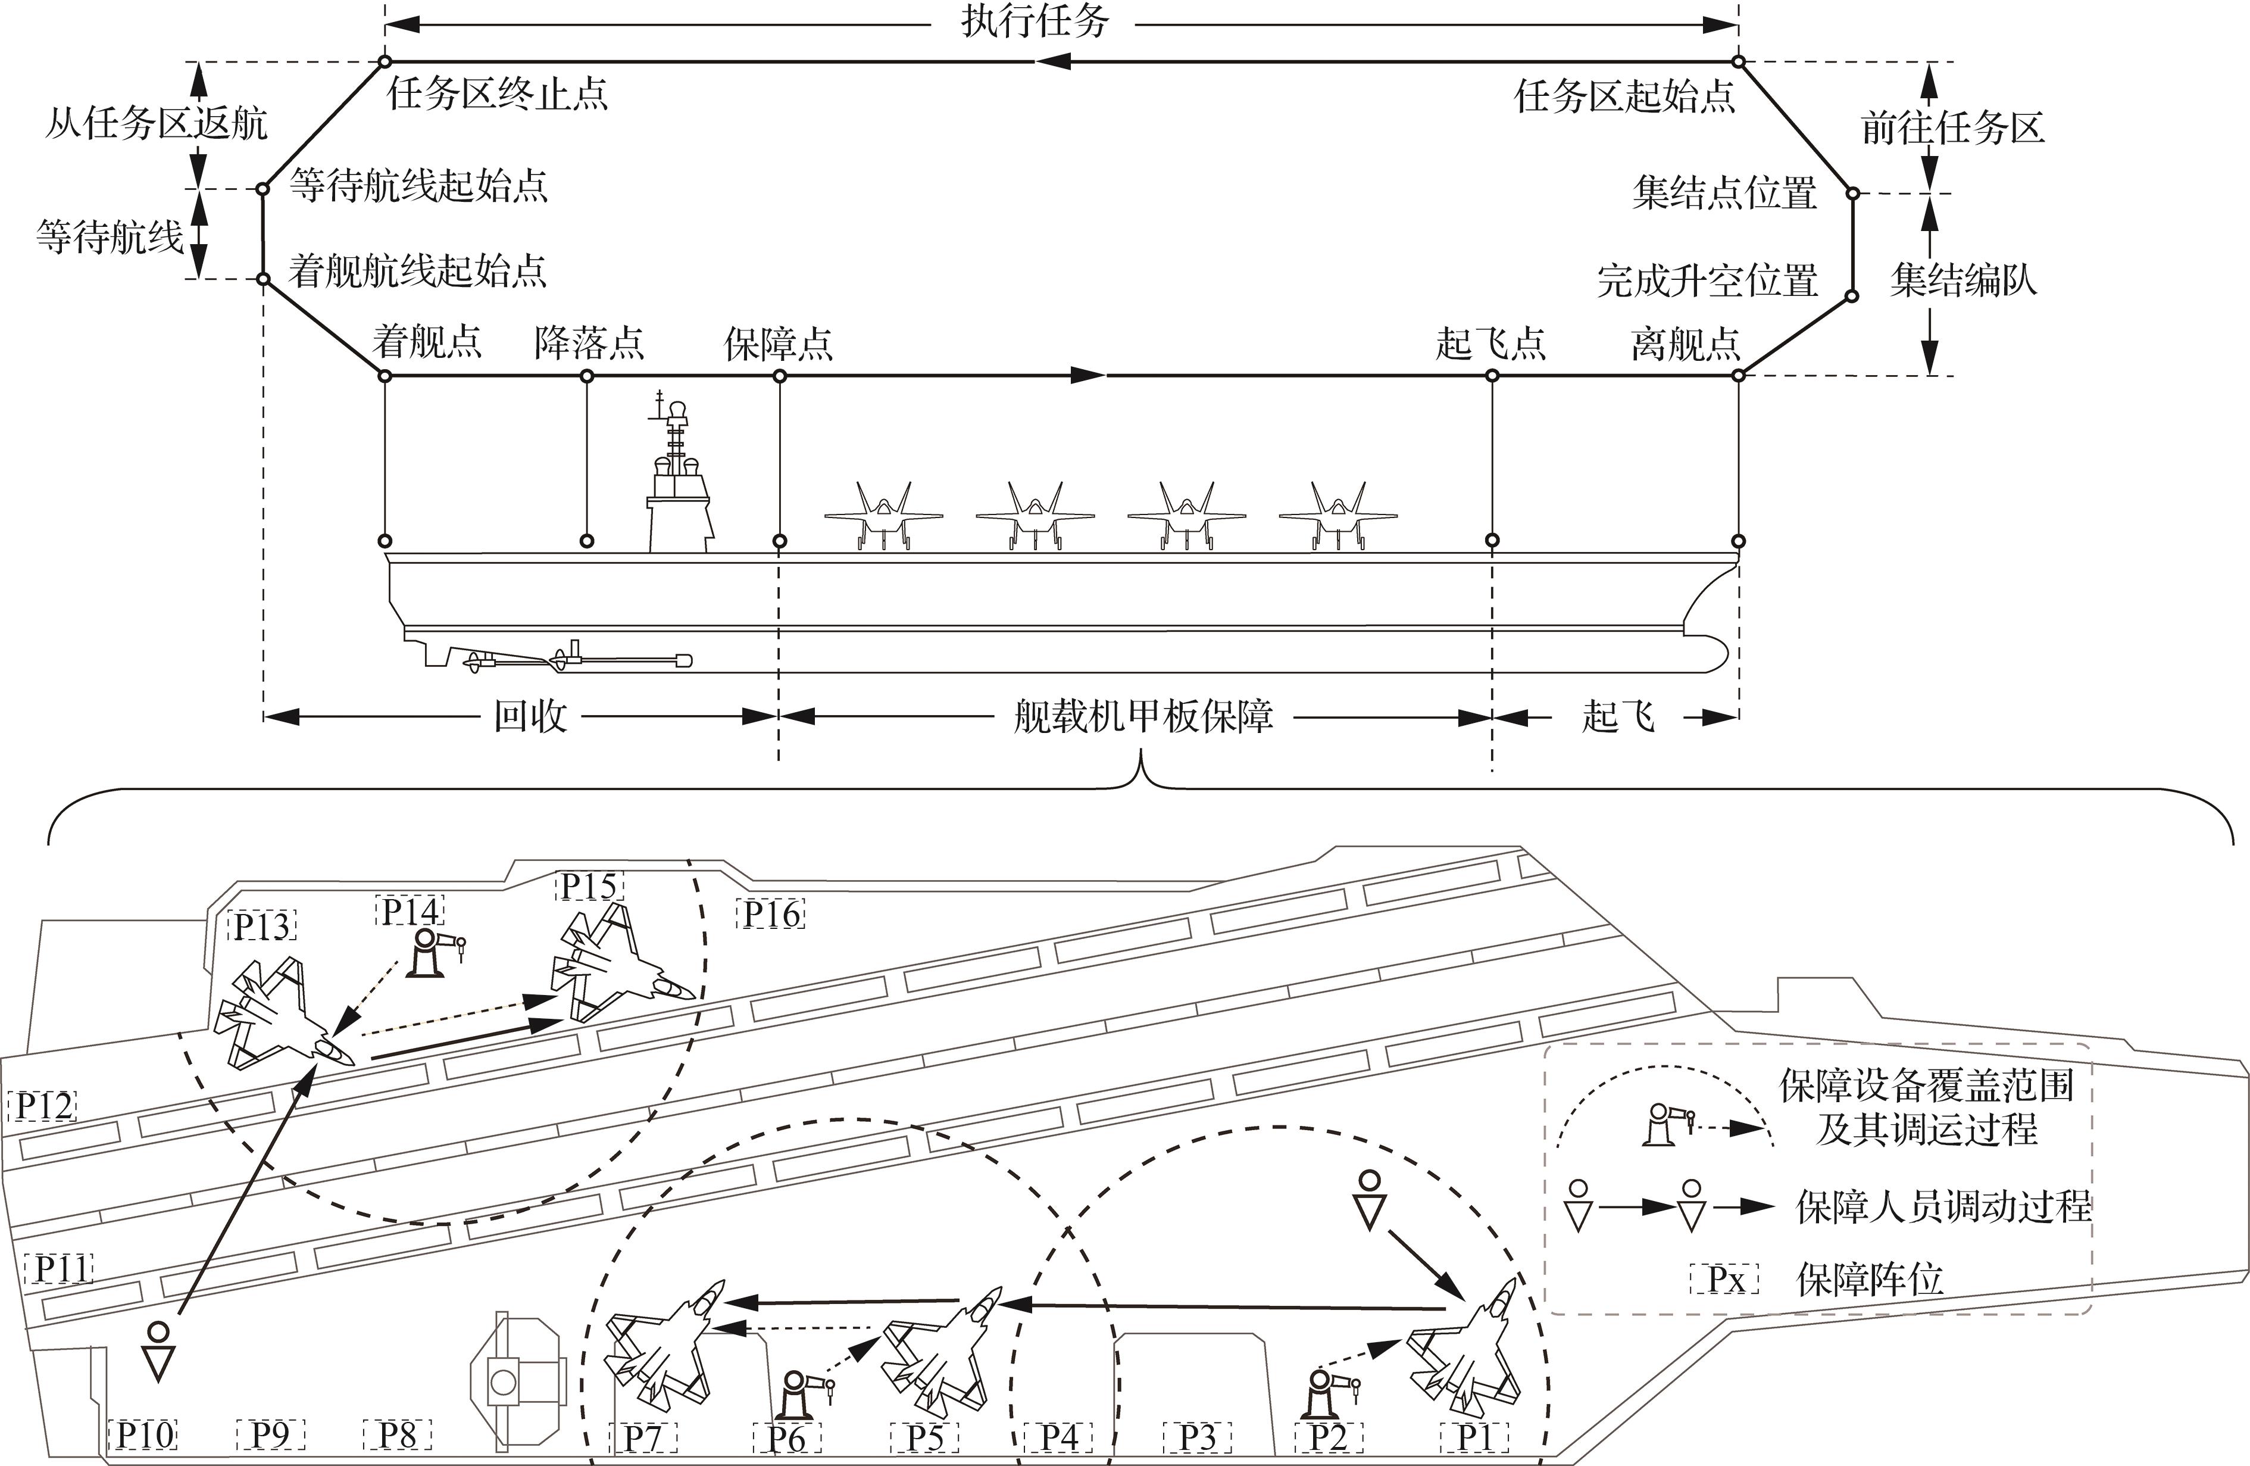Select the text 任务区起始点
point(1624,96)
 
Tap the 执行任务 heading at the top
point(1035,21)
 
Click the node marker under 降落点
point(586,376)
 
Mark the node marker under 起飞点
point(1492,376)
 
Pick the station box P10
point(145,1435)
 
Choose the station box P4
point(1059,1437)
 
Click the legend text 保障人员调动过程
point(1943,1207)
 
